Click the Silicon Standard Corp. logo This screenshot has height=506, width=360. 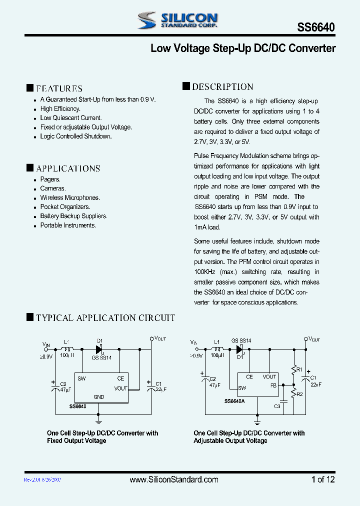[177, 20]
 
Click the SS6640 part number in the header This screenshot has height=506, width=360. [316, 28]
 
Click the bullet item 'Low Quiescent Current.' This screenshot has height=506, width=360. [70, 118]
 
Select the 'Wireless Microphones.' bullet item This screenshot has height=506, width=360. [70, 197]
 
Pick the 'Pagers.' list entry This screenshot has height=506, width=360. [50, 179]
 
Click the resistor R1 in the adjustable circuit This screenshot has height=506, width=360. [294, 369]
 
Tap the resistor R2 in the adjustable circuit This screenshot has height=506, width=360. [294, 393]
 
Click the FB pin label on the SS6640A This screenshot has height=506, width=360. [273, 385]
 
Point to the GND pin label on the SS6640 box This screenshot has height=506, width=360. [99, 397]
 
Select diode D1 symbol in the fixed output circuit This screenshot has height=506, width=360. [99, 348]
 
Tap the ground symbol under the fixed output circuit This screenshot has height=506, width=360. [99, 413]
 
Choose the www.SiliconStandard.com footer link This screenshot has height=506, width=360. [173, 479]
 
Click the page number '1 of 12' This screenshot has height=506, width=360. [323, 479]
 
